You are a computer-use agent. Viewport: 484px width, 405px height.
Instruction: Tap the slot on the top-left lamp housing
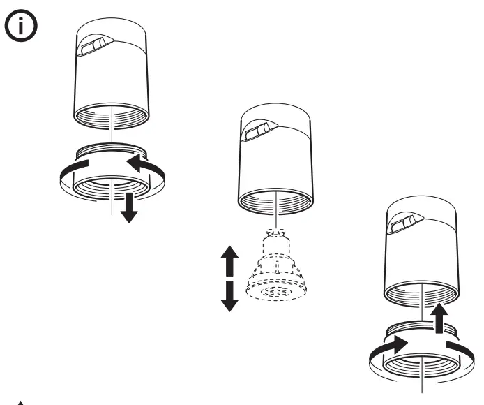point(91,47)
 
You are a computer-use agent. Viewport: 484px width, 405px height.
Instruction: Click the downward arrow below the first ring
point(128,208)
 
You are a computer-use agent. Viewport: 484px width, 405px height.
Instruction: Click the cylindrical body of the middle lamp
point(275,164)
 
